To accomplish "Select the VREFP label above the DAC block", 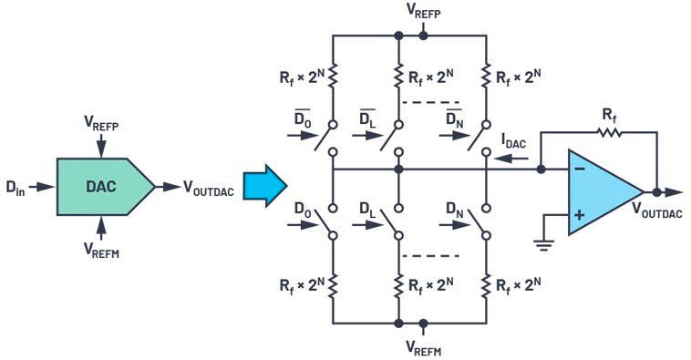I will pyautogui.click(x=101, y=121).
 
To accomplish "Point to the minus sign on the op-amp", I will pyautogui.click(x=578, y=169).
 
